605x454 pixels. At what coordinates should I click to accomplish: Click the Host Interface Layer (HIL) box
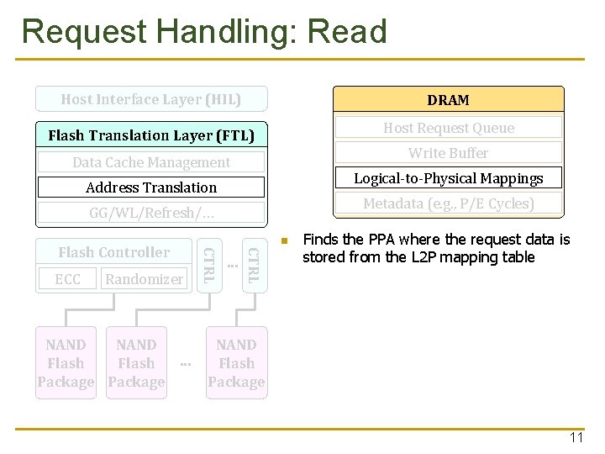pos(151,99)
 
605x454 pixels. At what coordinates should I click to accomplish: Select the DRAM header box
pos(448,100)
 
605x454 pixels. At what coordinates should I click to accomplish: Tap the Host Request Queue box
pos(448,128)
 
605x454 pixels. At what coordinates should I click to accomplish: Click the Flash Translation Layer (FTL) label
pos(151,135)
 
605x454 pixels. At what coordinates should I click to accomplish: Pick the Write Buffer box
pos(448,153)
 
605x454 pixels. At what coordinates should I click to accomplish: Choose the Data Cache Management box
pos(151,162)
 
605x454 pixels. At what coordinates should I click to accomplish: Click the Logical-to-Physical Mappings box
pos(448,178)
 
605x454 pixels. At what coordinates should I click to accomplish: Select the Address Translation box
pos(151,187)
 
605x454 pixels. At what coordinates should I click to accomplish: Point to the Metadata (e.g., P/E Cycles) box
pos(448,203)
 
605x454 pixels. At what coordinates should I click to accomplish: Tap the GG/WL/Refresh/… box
pos(151,213)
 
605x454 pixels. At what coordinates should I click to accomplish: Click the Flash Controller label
pos(114,252)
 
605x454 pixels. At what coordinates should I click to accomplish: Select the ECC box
pos(67,279)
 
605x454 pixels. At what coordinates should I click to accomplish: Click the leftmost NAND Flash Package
pos(66,363)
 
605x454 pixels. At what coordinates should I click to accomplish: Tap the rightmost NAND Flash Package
pos(236,363)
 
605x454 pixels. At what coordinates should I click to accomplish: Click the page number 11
pos(576,438)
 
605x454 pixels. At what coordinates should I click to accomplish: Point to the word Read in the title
pos(348,32)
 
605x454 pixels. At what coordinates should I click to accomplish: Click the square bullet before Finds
pos(285,242)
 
